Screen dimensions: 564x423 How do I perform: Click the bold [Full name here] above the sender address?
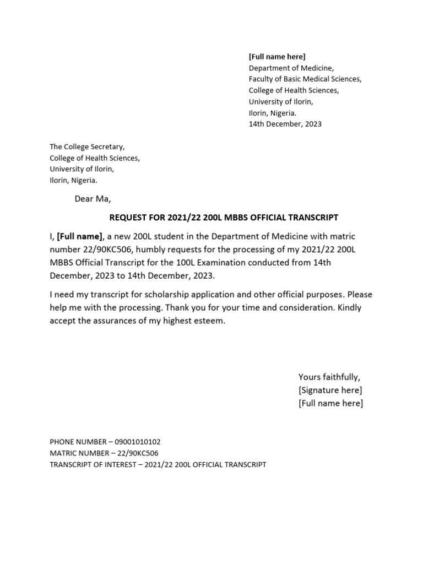click(x=276, y=57)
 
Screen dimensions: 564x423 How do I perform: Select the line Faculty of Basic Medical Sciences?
click(x=305, y=79)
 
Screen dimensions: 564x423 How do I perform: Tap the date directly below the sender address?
click(x=285, y=124)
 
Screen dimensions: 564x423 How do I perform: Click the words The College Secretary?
click(x=87, y=147)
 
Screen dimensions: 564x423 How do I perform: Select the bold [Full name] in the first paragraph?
click(x=80, y=236)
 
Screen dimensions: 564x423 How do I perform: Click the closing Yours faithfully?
click(x=329, y=377)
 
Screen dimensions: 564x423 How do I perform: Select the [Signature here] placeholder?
click(x=330, y=391)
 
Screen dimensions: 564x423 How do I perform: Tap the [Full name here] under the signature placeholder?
click(x=330, y=404)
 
